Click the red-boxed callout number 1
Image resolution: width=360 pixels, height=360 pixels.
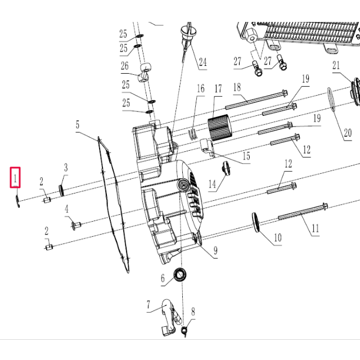pyautogui.click(x=16, y=179)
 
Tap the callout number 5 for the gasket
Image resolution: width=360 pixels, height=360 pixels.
pyautogui.click(x=78, y=124)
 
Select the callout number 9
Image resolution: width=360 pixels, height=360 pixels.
pyautogui.click(x=215, y=250)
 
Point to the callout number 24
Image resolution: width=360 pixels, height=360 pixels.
pyautogui.click(x=202, y=61)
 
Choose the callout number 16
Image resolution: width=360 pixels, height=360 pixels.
pyautogui.click(x=200, y=89)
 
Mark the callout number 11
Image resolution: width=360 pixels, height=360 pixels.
pyautogui.click(x=316, y=228)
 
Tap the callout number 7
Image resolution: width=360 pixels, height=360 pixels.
pyautogui.click(x=148, y=305)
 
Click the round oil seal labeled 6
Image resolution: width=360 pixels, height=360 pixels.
pyautogui.click(x=181, y=275)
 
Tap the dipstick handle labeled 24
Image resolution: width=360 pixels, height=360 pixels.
pyautogui.click(x=187, y=31)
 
